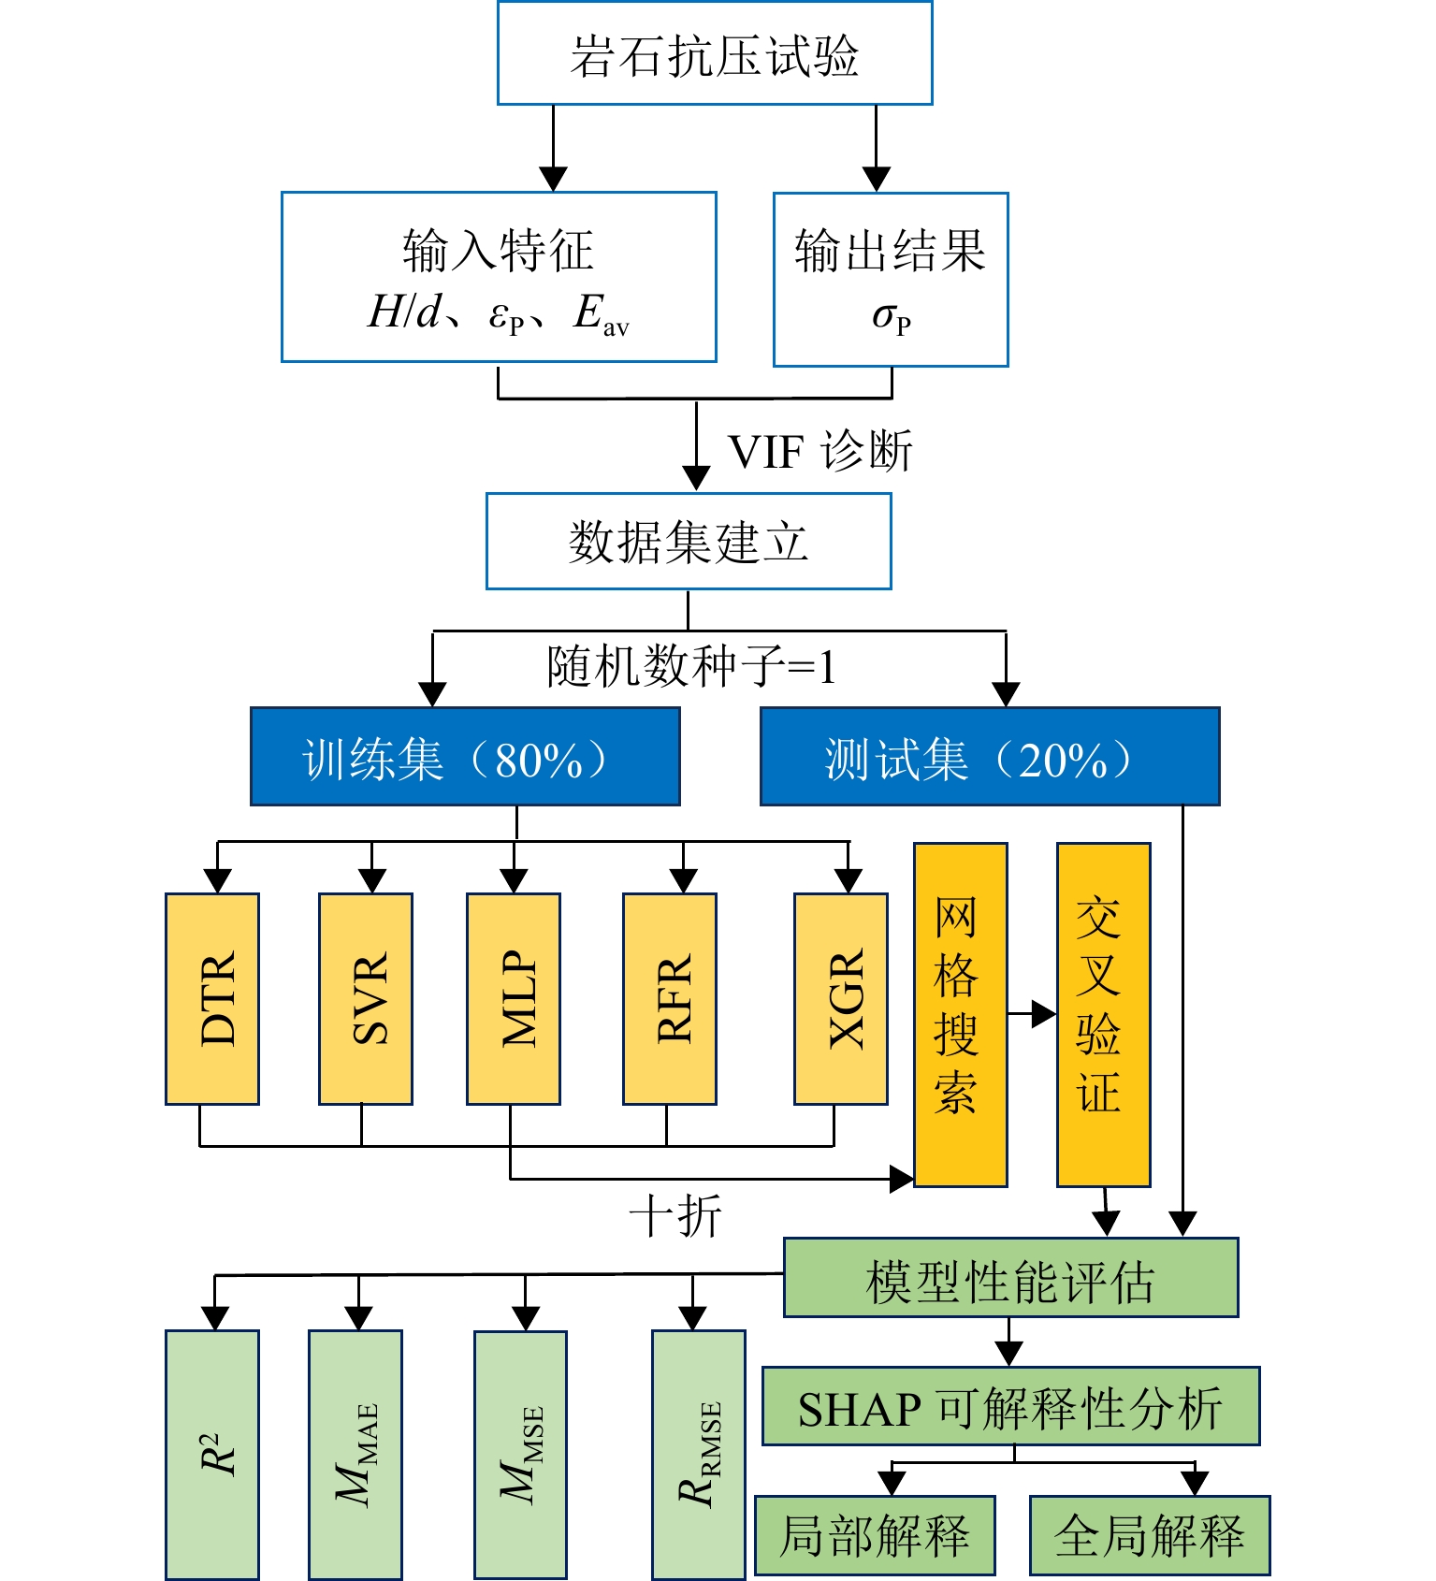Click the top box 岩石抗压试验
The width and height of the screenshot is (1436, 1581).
[715, 53]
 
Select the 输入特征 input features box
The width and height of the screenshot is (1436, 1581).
[499, 277]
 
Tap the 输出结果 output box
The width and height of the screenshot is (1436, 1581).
[891, 279]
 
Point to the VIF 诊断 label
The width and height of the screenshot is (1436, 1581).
[820, 452]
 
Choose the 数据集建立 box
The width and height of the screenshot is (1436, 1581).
[689, 542]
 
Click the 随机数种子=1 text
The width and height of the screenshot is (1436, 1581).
[691, 667]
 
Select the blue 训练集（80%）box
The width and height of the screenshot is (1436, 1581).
[465, 757]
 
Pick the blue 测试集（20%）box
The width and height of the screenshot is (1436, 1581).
[990, 757]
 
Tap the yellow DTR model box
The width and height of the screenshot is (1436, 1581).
[212, 998]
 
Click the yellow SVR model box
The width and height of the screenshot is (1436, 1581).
[366, 998]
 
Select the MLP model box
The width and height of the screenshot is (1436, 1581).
[514, 998]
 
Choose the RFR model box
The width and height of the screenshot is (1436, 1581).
[670, 998]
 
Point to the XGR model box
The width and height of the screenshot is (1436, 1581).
[841, 998]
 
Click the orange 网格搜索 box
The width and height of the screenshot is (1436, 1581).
[961, 1014]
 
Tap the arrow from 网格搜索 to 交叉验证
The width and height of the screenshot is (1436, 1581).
[1032, 1014]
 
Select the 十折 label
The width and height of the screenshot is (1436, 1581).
[675, 1217]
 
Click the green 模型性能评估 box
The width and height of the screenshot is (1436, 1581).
[1010, 1278]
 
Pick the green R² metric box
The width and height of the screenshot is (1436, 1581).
[212, 1454]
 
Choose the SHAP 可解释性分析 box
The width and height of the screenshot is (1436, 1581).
[1010, 1406]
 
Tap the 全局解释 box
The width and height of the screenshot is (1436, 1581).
[1150, 1535]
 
